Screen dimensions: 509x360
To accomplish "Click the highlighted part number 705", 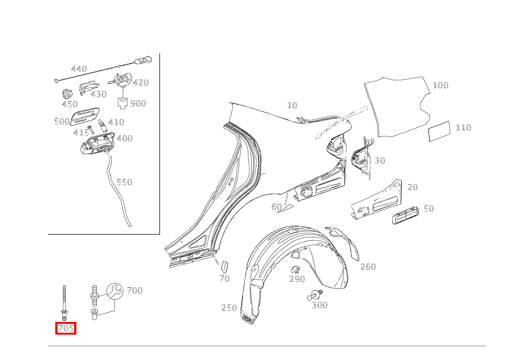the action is tap(66, 328).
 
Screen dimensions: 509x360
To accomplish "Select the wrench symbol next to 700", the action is tap(115, 291).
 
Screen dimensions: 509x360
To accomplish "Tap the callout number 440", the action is tap(79, 69).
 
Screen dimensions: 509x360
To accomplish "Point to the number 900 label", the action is tap(138, 103).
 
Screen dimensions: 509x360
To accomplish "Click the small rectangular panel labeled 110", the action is tap(439, 131).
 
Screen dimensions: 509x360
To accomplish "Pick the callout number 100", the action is tap(441, 85).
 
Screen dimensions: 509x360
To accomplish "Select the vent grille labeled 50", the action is tap(405, 216).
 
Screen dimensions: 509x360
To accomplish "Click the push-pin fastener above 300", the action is tap(315, 295).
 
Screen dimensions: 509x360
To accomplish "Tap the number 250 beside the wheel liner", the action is tap(229, 308).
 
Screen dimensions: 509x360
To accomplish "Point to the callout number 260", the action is tap(368, 267).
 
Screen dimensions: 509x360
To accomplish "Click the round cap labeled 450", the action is tap(68, 94).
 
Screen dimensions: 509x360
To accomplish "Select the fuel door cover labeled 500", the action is tap(86, 116).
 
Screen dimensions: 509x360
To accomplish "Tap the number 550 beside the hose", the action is tap(124, 182).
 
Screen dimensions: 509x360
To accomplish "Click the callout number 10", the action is tap(292, 105).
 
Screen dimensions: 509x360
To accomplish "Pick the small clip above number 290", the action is tap(296, 270).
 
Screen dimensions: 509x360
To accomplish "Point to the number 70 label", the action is tap(225, 279).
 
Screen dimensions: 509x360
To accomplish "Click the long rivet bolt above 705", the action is tap(64, 303).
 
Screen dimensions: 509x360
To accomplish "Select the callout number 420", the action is tap(141, 83).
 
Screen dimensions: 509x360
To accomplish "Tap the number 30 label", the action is tap(380, 161).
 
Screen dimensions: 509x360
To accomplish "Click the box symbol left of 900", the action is tap(123, 103).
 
